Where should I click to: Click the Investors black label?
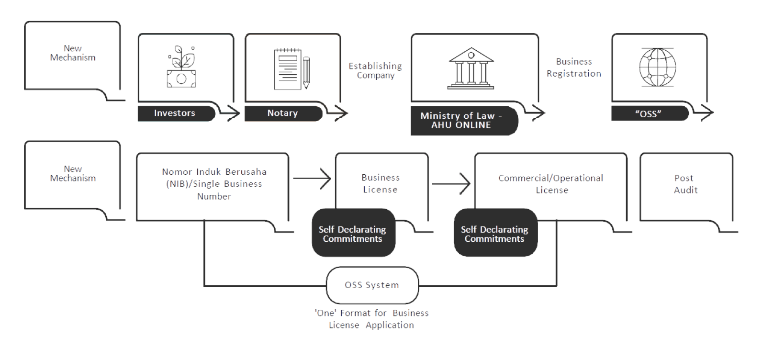175,113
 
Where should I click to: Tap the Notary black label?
282,113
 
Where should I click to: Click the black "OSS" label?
649,113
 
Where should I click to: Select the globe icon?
658,67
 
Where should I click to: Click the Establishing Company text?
375,70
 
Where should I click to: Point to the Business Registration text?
574,67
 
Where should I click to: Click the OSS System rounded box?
372,285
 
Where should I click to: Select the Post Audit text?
685,184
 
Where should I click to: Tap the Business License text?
381,183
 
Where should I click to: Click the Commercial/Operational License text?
551,184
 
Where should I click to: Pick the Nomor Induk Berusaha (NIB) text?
214,184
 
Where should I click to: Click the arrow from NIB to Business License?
312,179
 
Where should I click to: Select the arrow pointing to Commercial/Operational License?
451,183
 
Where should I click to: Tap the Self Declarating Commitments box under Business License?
353,234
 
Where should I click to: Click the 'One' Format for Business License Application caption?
371,319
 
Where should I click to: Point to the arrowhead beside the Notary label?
340,113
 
